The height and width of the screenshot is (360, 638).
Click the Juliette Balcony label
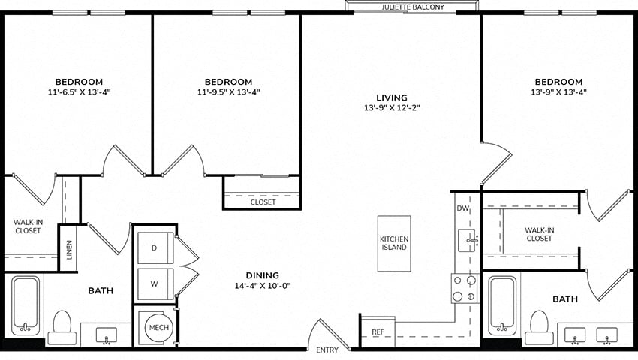[413, 7]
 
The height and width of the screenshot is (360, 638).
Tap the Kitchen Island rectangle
[394, 243]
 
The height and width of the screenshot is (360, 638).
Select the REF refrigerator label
[378, 332]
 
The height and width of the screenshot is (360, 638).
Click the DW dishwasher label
[462, 208]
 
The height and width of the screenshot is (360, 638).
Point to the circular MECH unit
[158, 328]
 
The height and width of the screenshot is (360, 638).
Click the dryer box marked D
[155, 247]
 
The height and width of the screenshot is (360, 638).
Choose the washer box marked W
[155, 284]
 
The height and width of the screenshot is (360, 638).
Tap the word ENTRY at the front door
[327, 349]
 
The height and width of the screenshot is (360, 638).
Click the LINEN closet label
[69, 250]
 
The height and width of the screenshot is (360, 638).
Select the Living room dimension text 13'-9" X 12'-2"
[392, 108]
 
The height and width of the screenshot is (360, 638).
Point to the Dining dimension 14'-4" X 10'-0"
[263, 286]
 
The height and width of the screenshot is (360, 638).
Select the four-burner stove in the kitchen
[465, 288]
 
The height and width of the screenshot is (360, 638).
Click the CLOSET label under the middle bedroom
[263, 202]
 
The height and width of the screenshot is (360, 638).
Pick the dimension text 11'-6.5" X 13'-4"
[80, 92]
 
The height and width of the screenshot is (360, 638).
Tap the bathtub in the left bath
[26, 305]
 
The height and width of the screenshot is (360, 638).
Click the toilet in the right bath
[539, 328]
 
